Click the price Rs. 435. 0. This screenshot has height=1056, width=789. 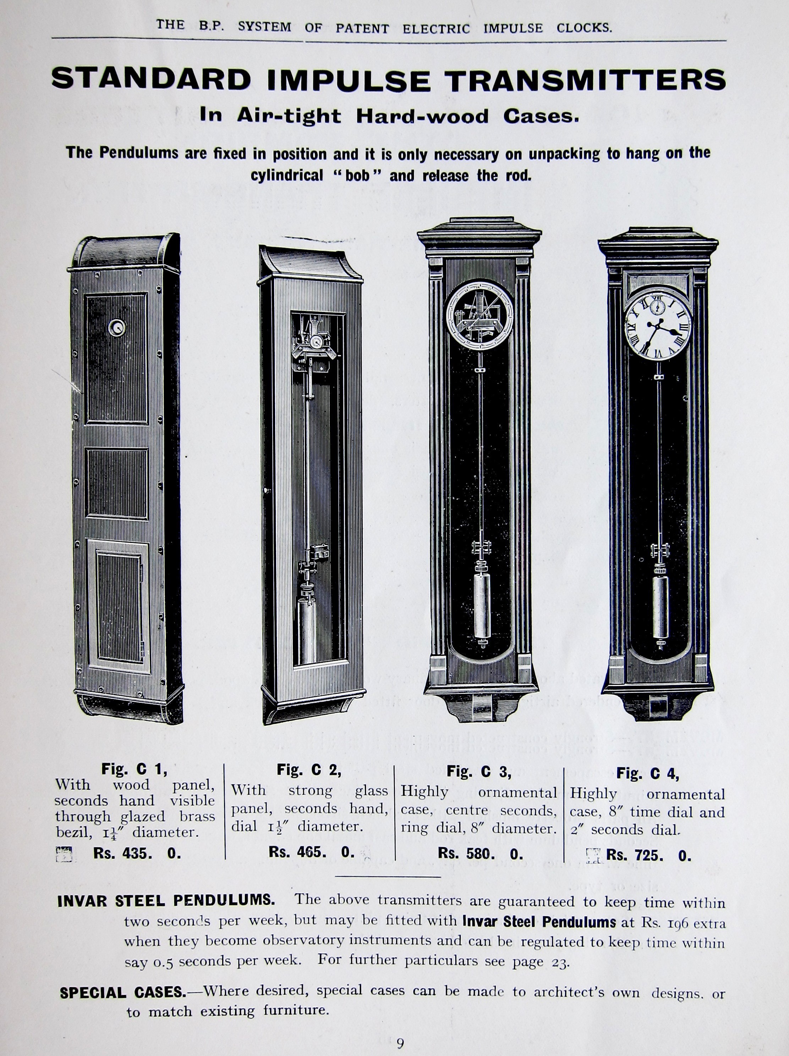[x=137, y=854]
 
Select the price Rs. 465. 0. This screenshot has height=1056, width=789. [x=311, y=852]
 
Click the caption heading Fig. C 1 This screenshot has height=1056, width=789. [x=134, y=769]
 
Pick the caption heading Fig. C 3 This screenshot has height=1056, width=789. [x=478, y=772]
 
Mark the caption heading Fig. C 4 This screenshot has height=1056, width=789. [x=648, y=774]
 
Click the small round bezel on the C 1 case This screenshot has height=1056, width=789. [x=116, y=327]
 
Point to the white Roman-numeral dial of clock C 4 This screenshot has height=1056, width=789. [x=658, y=326]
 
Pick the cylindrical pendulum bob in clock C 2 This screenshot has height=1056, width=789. [x=306, y=629]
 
